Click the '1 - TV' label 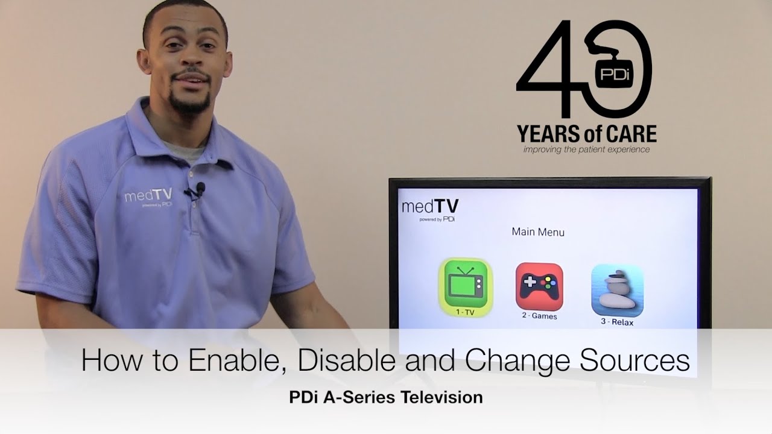coord(465,312)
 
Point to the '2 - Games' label coord(539,316)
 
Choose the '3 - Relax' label coord(617,322)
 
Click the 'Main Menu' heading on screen coord(538,231)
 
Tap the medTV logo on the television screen coord(430,209)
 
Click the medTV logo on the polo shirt coord(148,196)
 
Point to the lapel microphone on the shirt coord(200,188)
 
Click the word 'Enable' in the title coord(229,361)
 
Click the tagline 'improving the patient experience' coord(586,149)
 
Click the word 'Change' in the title coord(520,361)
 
